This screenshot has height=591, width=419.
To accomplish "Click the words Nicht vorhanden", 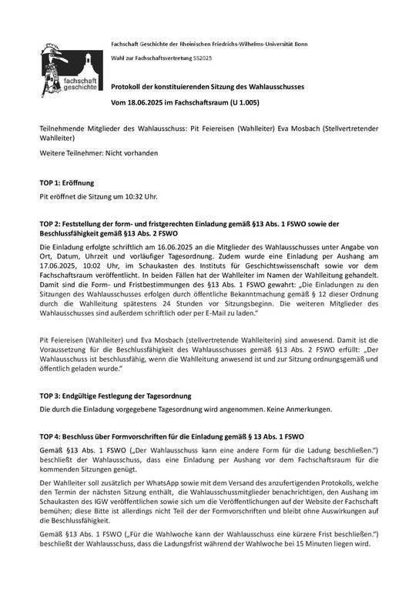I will point(133,153).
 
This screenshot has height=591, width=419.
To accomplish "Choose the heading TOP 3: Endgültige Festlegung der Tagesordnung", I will point(115,396).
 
